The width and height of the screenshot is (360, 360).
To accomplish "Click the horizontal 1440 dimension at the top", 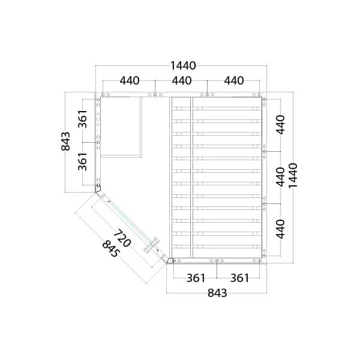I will pos(183,66).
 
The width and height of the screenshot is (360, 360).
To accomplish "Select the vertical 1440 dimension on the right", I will pos(293,175).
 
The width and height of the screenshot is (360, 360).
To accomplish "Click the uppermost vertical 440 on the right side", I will pos(280,124).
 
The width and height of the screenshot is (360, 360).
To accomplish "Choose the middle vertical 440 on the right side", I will pos(280,177).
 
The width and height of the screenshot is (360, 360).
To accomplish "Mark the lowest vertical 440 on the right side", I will pos(280,229).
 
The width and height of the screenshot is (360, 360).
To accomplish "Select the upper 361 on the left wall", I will pos(83,119).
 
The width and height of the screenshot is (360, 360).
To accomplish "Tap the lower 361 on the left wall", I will pos(83,161).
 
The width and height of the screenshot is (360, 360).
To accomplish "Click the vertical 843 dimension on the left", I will pos(66,141).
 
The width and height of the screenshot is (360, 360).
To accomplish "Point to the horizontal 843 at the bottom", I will pos(217,293).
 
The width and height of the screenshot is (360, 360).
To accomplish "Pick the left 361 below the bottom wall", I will pos(196,278).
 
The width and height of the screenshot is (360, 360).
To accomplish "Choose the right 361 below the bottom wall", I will pos(239,278).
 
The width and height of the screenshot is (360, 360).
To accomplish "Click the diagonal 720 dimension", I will pos(122,238).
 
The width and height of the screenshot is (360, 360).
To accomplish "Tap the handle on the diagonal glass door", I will pos(151,246).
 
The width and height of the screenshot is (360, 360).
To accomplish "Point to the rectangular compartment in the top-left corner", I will pos(121,126).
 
